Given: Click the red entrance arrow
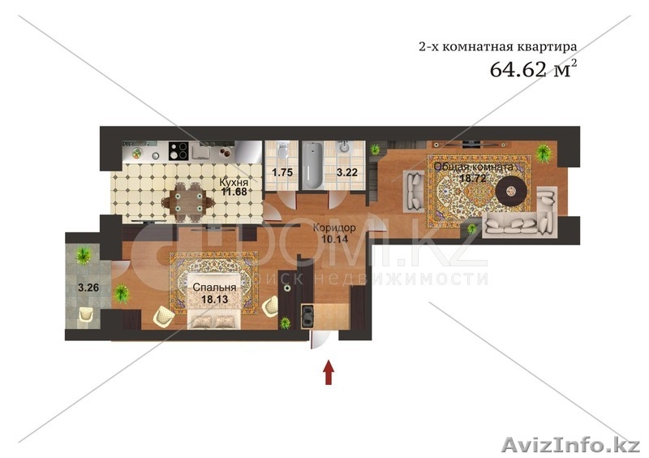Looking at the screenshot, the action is (329, 372).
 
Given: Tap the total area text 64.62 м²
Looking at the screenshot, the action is (533, 69).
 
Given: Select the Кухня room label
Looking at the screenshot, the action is (234, 183).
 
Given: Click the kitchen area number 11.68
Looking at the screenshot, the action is (234, 192).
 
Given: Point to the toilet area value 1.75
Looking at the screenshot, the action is (282, 172).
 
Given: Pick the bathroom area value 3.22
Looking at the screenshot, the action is (347, 172).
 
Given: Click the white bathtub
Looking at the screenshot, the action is (312, 166).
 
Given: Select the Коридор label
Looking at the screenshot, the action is (334, 228).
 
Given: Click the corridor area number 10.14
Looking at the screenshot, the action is (335, 239).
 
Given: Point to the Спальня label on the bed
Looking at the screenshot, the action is (214, 287).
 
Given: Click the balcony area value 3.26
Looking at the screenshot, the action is (88, 287).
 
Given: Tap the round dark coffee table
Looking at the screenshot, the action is (513, 191).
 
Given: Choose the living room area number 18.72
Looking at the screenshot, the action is (473, 178).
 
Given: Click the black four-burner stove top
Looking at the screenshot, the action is (178, 151).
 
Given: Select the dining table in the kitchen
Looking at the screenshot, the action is (188, 202).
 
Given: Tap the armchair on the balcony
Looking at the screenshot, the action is (86, 314).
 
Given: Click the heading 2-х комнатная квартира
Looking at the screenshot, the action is (497, 46).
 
